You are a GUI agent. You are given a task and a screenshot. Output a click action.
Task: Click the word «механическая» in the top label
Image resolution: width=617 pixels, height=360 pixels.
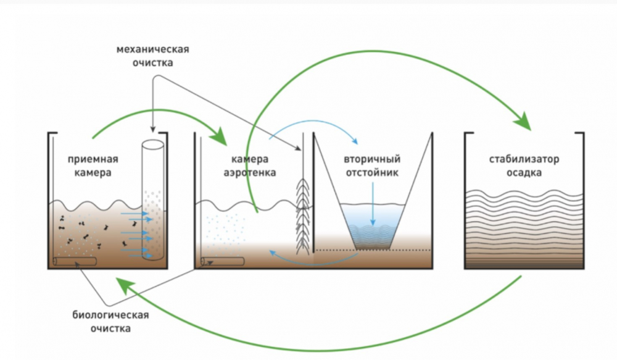152,49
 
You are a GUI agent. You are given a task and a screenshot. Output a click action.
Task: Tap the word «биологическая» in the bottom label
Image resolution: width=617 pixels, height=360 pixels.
110,315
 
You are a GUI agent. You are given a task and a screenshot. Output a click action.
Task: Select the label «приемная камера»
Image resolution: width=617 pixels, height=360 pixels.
93,166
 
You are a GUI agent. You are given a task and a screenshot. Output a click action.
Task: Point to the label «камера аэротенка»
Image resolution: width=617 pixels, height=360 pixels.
250,166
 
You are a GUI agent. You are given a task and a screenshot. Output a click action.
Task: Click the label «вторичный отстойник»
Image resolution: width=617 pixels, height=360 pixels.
372,166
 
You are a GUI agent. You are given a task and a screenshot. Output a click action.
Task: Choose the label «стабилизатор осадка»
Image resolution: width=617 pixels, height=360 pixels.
524,166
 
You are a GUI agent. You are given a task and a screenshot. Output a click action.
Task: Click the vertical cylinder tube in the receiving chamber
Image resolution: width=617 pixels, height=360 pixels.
153,199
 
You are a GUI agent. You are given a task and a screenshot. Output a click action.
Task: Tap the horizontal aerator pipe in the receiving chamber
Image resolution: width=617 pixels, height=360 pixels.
75,262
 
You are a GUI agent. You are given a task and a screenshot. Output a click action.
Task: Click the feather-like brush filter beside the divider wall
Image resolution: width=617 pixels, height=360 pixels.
302,217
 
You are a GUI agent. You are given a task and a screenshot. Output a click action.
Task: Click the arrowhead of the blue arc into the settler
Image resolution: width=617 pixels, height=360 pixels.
354,141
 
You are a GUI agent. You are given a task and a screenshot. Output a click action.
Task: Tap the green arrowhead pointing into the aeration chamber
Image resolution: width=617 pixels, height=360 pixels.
219,136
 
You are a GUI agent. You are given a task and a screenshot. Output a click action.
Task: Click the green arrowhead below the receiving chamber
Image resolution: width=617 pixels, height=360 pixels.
125,285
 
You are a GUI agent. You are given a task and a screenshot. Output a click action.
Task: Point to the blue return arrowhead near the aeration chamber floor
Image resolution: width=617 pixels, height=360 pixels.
273,253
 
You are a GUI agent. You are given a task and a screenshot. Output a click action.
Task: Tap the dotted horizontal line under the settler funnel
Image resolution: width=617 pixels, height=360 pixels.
373,250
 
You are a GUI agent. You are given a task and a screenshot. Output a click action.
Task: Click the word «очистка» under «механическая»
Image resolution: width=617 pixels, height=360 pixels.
152,63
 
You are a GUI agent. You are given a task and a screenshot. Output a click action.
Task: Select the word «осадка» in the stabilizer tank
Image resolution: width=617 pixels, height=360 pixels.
524,173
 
